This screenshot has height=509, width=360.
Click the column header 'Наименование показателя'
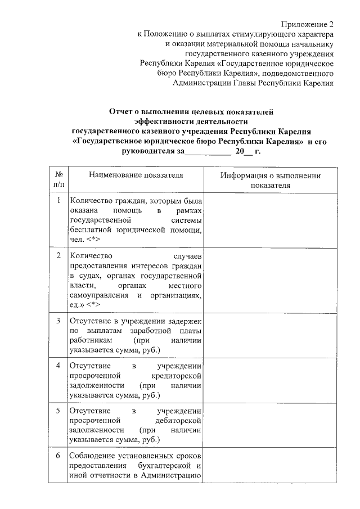point(136,175)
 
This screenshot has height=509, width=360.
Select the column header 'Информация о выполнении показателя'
point(271,179)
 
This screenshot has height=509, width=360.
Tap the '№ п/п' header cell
point(58,179)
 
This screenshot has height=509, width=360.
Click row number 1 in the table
point(58,200)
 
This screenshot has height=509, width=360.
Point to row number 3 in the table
point(58,321)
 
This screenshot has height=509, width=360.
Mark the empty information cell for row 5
point(271,425)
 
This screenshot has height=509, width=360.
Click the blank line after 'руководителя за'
point(208,152)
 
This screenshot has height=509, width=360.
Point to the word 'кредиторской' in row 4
point(176,376)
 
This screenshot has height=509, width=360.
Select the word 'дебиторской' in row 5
point(178,421)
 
